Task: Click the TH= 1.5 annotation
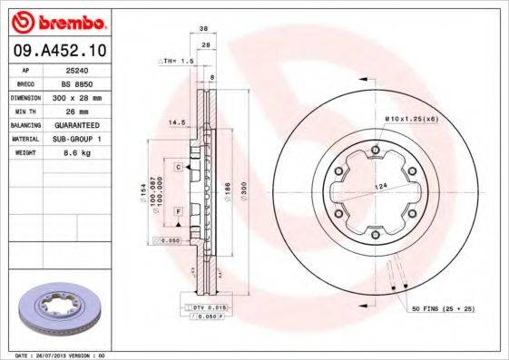click(178, 61)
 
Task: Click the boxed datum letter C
click(180, 167)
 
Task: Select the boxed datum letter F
click(180, 210)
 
